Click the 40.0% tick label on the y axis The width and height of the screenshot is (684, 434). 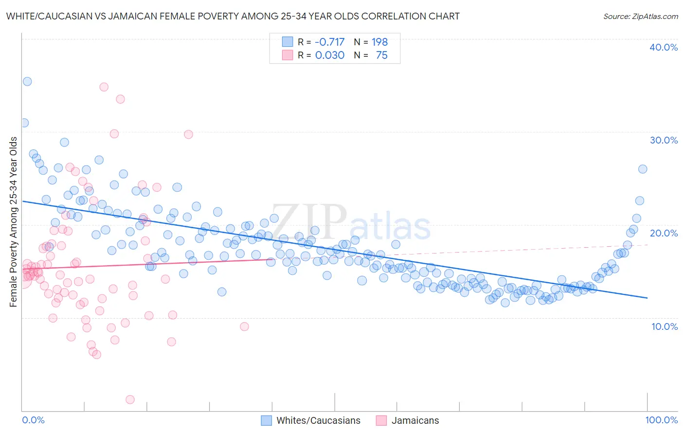point(664,47)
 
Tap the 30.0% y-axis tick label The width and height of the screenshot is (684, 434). point(664,140)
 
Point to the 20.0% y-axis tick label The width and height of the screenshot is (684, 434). point(664,233)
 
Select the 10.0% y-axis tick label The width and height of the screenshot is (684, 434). point(665,326)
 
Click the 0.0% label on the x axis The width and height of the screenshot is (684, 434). point(34,420)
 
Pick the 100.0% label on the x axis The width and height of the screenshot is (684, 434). point(661,420)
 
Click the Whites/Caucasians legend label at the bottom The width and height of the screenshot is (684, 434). point(318,420)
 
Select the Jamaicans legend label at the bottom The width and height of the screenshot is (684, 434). point(415,420)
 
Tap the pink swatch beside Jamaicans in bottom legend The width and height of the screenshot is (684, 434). point(381,420)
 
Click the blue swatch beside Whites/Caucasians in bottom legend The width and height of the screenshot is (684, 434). point(266,420)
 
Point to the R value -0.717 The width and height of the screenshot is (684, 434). point(330,42)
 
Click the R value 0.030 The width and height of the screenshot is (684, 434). point(330,55)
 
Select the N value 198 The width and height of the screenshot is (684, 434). point(379,42)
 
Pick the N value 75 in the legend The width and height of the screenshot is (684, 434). point(381,55)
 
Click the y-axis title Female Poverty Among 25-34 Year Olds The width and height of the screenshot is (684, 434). point(14,222)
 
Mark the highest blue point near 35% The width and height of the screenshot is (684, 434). point(27,81)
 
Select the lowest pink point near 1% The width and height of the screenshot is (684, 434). point(130,399)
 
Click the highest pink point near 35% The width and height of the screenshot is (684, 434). point(104,87)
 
